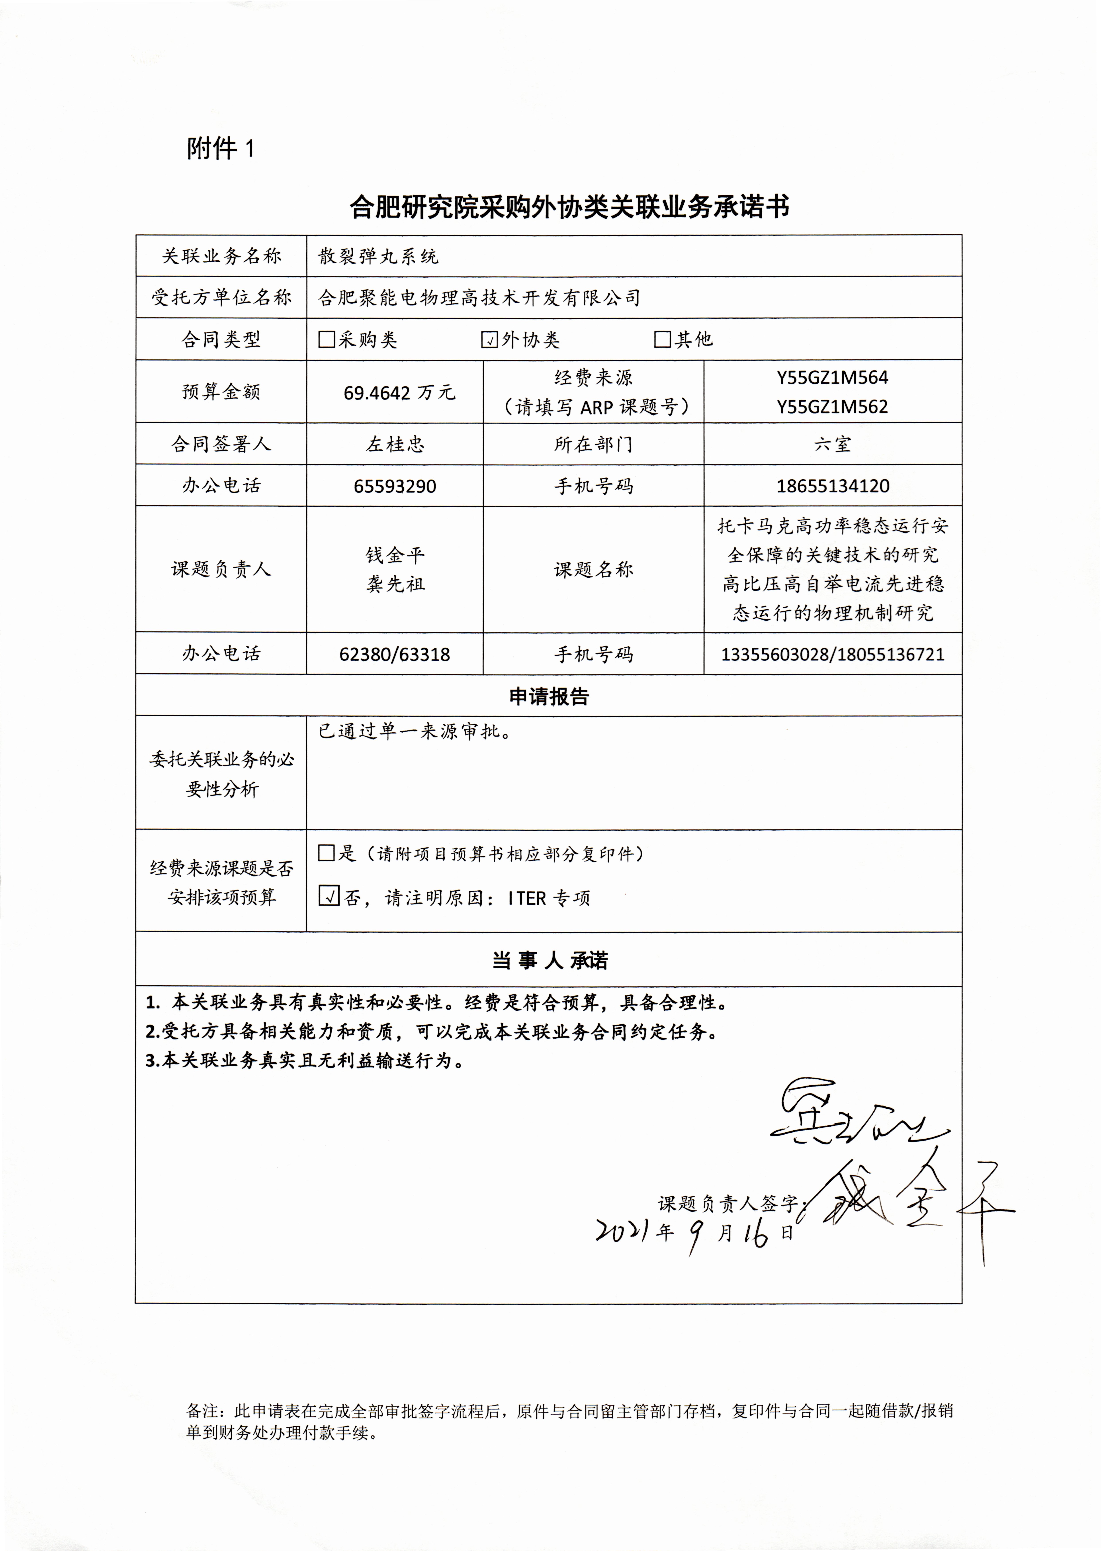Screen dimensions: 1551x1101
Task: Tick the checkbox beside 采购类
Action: [327, 339]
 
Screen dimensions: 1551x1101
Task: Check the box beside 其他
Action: [662, 339]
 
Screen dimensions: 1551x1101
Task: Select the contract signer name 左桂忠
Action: [395, 444]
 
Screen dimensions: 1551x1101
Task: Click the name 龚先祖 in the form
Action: [395, 584]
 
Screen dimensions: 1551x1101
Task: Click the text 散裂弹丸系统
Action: [378, 256]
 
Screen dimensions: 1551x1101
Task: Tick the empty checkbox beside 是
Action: [327, 853]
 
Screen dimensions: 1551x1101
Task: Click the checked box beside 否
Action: [329, 896]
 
